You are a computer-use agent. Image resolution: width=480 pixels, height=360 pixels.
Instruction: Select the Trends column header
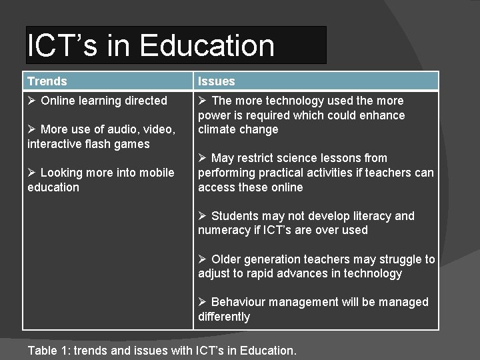[x=47, y=81]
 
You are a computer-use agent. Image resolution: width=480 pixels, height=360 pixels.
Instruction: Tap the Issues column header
[x=217, y=81]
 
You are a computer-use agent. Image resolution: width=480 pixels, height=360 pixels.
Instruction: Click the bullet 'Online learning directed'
[x=103, y=101]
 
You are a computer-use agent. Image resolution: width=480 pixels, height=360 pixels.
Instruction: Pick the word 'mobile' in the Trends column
[x=157, y=173]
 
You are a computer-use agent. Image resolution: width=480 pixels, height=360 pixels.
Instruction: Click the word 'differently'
[x=224, y=317]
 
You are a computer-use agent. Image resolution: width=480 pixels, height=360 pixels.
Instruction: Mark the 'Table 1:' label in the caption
[x=47, y=349]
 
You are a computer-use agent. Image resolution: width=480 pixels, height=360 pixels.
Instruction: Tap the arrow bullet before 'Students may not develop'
[x=203, y=216]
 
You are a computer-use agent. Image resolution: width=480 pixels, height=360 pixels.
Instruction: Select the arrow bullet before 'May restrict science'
[x=203, y=158]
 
